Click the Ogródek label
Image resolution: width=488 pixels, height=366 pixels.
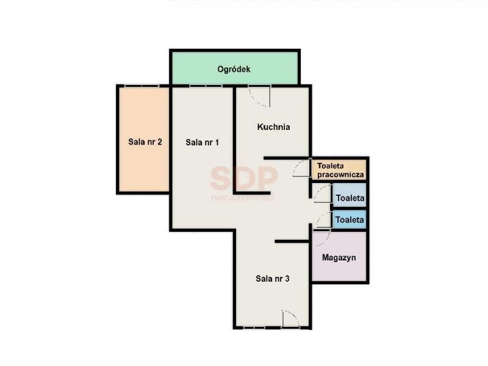[x=234, y=69]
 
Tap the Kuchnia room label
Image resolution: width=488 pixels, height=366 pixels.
[x=273, y=127]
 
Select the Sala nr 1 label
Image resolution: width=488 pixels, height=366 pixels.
[x=203, y=142]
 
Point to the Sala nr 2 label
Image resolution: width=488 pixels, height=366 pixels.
[x=145, y=142]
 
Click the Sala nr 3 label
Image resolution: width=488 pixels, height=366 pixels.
[x=273, y=279]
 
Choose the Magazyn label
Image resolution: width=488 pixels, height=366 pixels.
[x=339, y=257]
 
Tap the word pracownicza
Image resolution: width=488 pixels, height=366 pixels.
[x=340, y=174]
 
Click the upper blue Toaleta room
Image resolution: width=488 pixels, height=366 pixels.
[x=350, y=195]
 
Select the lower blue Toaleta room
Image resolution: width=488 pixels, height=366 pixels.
[x=350, y=220]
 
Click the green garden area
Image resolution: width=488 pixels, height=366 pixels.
[x=235, y=68]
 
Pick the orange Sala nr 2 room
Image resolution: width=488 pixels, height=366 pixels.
[x=145, y=140]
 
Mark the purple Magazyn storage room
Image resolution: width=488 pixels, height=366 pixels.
[x=339, y=257]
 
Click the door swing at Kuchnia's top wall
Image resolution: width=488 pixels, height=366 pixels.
[x=260, y=97]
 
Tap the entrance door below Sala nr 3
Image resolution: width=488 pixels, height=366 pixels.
[x=291, y=318]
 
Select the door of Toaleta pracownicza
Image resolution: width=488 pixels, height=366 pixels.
[x=301, y=168]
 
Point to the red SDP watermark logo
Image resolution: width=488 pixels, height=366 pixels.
[x=243, y=179]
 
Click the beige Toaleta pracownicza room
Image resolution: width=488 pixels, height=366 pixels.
[x=340, y=170]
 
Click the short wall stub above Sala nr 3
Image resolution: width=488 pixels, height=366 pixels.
[x=292, y=241]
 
